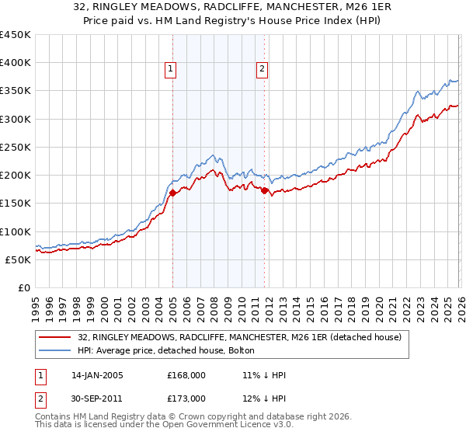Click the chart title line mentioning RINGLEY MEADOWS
233,8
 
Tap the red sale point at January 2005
172,193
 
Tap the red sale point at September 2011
265,190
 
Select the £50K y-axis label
19,259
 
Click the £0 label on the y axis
23,287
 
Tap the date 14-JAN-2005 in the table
97,375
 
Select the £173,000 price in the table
186,398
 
